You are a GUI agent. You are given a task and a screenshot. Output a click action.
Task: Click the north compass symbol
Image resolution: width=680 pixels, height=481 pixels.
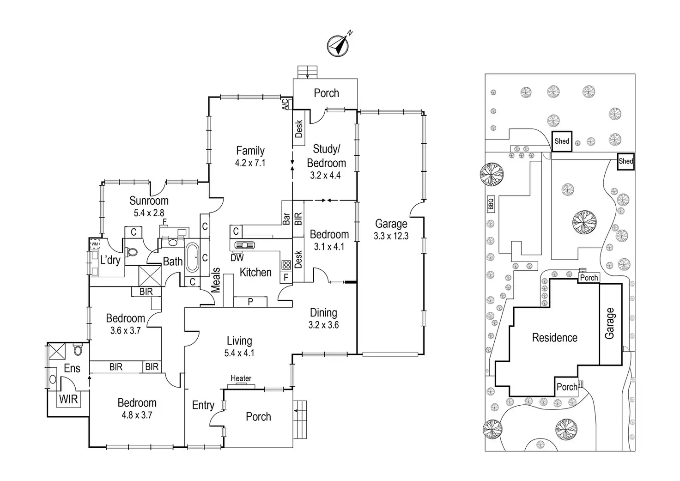click(338, 45)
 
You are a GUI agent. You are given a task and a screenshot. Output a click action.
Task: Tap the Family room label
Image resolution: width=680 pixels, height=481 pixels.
click(250, 151)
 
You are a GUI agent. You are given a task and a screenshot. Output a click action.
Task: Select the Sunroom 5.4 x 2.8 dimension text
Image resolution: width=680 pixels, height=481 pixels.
click(149, 213)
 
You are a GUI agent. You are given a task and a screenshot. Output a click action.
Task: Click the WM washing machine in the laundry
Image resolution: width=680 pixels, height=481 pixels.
click(95, 244)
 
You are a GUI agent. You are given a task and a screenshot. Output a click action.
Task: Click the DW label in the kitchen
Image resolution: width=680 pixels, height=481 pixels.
click(237, 258)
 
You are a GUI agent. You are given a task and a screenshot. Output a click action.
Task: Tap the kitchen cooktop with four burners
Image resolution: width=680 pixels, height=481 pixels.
click(286, 265)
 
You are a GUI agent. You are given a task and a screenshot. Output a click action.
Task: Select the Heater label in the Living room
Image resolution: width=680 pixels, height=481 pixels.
click(241, 378)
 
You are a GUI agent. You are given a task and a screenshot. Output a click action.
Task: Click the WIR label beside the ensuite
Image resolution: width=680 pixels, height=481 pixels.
click(68, 398)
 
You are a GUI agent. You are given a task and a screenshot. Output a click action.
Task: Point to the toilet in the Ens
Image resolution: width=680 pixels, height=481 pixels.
click(78, 350)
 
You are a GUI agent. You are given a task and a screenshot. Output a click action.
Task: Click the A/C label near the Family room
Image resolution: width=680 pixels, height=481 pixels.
click(285, 104)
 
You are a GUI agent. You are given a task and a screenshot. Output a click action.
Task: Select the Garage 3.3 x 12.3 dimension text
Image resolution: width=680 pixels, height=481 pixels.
click(391, 236)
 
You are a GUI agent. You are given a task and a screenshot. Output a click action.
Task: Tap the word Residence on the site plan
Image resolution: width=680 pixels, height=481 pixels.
click(554, 338)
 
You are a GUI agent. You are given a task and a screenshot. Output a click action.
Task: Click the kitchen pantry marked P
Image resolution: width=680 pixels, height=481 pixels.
click(250, 302)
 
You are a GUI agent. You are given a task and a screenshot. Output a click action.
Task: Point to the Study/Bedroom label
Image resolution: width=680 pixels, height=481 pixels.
click(326, 156)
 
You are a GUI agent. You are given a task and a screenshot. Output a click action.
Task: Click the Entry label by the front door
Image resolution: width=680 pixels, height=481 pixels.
click(203, 405)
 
